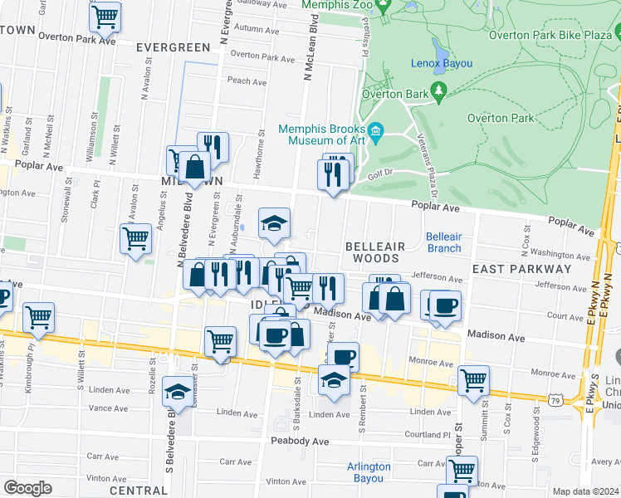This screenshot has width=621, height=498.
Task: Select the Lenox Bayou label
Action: coord(442,64)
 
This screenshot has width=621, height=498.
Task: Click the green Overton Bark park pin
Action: coord(439,95)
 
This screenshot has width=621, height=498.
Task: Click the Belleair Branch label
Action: coord(443,242)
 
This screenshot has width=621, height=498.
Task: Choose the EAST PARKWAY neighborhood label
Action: coord(521,269)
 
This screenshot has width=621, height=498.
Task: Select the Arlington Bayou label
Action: coord(368,472)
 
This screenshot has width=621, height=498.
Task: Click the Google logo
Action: coord(27,488)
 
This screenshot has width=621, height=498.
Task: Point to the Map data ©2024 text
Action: coord(586,491)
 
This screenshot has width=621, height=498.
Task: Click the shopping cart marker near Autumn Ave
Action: coord(105,16)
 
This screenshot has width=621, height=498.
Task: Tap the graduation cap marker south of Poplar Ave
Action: coord(275,222)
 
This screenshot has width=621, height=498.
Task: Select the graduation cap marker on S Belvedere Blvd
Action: coord(177,392)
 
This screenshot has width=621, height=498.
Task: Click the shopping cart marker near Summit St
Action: coord(473,381)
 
